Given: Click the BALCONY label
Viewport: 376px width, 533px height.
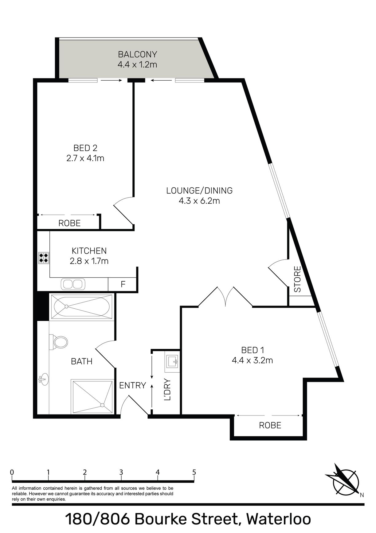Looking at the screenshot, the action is point(138,54).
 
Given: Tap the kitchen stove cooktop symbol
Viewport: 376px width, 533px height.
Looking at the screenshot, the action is point(44,258).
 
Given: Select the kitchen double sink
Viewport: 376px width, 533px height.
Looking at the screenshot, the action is point(73,284).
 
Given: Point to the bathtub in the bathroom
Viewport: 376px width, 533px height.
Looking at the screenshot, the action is point(81,307).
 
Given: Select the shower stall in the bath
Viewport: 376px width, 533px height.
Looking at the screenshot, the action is point(92,397).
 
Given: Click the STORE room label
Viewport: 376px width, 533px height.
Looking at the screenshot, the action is point(297,279).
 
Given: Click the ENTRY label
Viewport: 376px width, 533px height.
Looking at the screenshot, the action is point(132,385).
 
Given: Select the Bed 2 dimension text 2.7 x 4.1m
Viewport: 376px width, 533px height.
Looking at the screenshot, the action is point(85,158).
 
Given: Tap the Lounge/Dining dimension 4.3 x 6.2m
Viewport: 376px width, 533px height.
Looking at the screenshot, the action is point(199,201).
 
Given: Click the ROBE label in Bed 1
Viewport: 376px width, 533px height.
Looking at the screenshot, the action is point(270,425).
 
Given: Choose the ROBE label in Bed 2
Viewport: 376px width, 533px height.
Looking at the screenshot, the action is point(69,223).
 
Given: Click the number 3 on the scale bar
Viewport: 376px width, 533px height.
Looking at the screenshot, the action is point(121,472).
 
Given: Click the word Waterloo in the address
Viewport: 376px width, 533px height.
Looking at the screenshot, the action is point(279,519).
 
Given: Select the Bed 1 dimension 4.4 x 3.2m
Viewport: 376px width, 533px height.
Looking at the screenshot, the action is point(253,360).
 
